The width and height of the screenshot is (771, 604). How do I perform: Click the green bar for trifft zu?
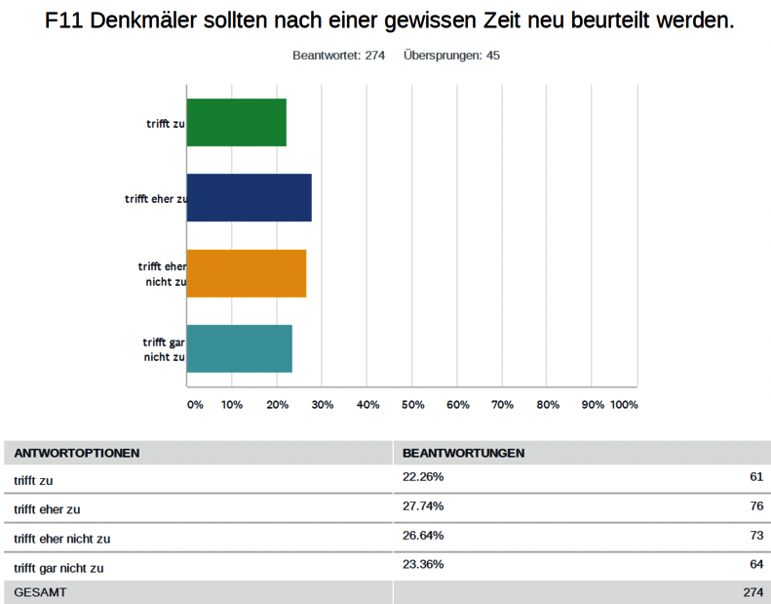coord(236,122)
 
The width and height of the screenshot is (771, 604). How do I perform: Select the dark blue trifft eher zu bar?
coord(249,197)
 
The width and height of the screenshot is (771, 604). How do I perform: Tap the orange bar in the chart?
coord(246,273)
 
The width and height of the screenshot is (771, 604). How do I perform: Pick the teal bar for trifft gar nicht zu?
coord(239,348)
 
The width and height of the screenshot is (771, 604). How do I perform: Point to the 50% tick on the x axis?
coord(412,404)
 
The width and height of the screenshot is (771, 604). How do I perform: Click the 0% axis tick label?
coord(195,404)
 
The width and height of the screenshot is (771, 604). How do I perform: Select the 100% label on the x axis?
coord(624,404)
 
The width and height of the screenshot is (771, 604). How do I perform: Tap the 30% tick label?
coord(323,404)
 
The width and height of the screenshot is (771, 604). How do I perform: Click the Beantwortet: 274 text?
coord(338,56)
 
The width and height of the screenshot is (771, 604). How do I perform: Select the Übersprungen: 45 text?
coord(451,56)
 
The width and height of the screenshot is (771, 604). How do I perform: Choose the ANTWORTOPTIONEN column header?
coord(76,454)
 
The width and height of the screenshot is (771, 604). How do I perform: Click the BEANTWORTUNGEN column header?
coord(464,454)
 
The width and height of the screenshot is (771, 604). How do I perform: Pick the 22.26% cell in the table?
coord(423,477)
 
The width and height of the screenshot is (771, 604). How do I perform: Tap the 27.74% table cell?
coord(423,506)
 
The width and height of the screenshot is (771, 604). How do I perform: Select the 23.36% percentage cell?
coord(423,564)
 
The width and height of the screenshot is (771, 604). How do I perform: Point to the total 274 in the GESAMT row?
coord(752,592)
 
